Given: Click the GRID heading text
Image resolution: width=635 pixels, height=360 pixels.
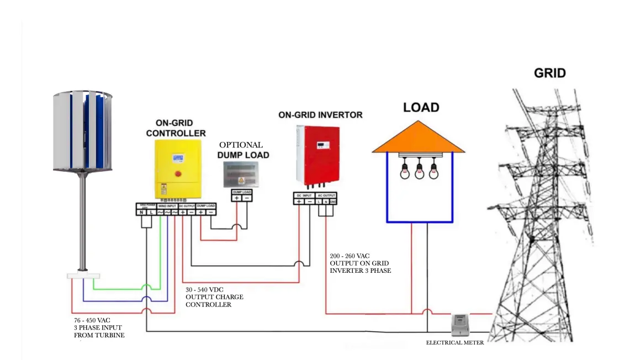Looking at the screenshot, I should pyautogui.click(x=549, y=73).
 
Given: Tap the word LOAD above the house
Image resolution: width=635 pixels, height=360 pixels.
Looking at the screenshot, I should pyautogui.click(x=421, y=107).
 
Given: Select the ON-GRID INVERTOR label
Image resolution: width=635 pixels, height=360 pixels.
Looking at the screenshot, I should pyautogui.click(x=320, y=115).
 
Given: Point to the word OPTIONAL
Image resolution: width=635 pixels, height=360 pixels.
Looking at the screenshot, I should pyautogui.click(x=241, y=145).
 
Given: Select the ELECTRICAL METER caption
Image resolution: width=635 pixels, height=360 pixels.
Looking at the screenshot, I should pyautogui.click(x=455, y=343).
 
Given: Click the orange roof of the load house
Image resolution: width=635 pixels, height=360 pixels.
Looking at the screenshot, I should pyautogui.click(x=418, y=138).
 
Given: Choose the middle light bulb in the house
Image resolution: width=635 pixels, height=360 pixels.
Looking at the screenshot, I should pyautogui.click(x=420, y=171).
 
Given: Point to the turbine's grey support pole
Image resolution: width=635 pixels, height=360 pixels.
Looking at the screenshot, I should pyautogui.click(x=83, y=221).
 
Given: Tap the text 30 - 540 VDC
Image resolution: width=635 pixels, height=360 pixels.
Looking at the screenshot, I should pyautogui.click(x=204, y=290).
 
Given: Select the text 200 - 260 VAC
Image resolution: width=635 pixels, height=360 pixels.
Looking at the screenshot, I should pyautogui.click(x=350, y=256).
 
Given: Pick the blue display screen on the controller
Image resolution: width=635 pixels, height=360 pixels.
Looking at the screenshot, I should pyautogui.click(x=178, y=159).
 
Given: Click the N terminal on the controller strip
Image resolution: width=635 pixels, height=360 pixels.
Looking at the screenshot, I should pyautogui.click(x=141, y=212).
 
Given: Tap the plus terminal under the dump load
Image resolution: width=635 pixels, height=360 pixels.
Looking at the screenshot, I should pyautogui.click(x=237, y=198).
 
